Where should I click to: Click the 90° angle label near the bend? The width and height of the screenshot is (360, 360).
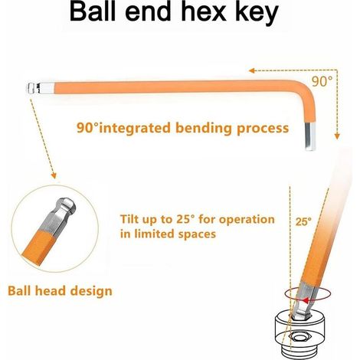point(322,81)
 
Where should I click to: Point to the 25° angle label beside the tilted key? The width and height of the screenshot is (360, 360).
point(303,221)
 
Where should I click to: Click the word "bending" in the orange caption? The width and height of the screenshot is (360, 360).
point(204,128)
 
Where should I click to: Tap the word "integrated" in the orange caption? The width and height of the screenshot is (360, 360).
point(134,128)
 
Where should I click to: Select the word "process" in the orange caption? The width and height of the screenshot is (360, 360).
point(263,129)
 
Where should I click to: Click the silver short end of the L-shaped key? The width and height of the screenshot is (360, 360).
point(310,137)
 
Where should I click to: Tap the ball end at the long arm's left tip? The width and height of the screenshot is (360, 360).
point(32,88)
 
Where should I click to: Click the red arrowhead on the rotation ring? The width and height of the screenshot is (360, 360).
point(306,300)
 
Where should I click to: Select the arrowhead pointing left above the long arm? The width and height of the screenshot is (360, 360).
point(252,70)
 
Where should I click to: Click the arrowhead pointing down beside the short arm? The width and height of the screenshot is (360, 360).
point(337,136)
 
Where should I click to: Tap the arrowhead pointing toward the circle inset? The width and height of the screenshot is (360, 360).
point(54,176)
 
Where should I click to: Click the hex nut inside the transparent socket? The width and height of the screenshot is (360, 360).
point(299,338)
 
